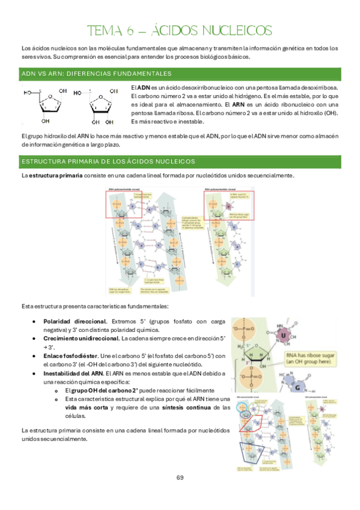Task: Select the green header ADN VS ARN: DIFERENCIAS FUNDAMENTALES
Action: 97,74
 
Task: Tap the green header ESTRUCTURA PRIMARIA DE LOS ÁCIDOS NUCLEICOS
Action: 108,162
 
